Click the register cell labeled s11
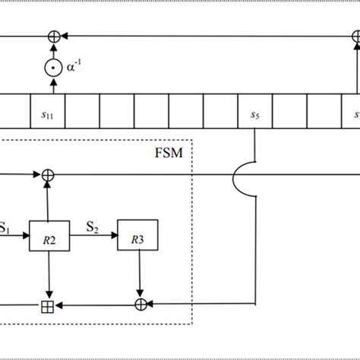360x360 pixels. coord(47,115)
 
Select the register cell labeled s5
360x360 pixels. coord(254,115)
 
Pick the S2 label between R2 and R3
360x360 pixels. coord(93,226)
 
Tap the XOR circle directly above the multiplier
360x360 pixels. coord(52,36)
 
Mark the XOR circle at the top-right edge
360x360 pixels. coord(355,36)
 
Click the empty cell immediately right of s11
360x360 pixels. coord(82,115)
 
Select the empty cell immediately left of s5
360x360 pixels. coord(220,115)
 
